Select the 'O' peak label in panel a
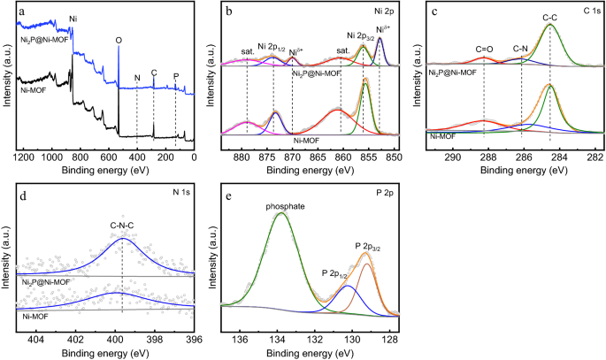[x=119, y=40]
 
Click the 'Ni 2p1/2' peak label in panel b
[x=273, y=47]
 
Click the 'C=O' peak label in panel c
[x=484, y=50]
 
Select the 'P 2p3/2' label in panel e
[x=368, y=244]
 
